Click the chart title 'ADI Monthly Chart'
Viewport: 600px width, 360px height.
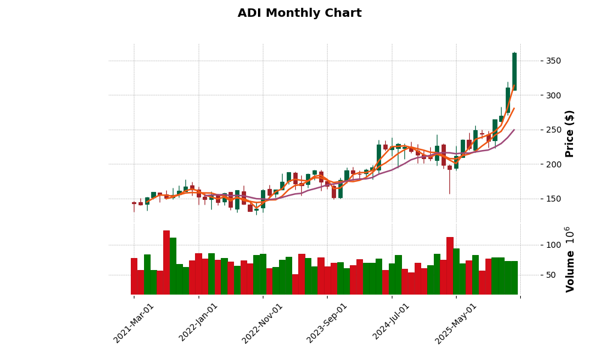(x=299, y=13)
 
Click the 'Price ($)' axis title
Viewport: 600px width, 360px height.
(x=569, y=133)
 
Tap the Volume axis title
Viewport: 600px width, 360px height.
(x=569, y=259)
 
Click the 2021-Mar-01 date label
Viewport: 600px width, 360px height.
(x=134, y=322)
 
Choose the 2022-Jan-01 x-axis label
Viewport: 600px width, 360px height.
(x=199, y=322)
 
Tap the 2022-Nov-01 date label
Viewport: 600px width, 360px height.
(x=263, y=322)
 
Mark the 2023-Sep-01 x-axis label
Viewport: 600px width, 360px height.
(x=327, y=322)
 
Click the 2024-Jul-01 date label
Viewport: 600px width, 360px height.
(x=391, y=322)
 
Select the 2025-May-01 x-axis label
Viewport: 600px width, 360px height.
(x=456, y=322)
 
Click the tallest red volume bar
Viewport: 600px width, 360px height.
(x=166, y=262)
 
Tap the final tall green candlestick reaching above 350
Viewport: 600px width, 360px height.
(x=514, y=71)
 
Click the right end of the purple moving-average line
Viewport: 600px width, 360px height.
(x=514, y=130)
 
